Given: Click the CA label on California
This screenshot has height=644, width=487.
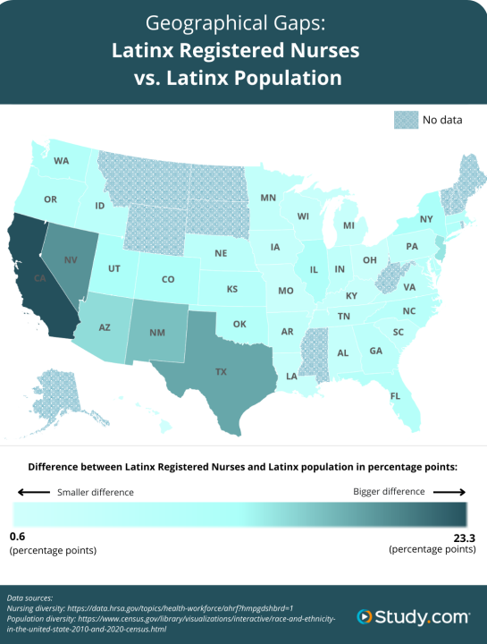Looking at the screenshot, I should coord(40,278).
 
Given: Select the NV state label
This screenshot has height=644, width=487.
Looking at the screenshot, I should coord(71,259).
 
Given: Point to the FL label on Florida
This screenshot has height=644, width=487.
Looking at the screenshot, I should coord(395,394).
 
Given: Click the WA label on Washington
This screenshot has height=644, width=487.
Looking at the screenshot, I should coord(61,161).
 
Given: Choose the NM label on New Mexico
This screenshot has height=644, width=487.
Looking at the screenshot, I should coord(157,333).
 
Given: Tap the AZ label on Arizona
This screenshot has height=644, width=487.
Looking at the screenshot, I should coord(105,327).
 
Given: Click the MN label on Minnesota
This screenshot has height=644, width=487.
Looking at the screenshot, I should coord(268,197).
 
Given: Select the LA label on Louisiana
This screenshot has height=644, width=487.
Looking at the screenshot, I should coord(292,377).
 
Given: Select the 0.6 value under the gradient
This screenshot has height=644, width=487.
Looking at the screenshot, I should coord(18,536).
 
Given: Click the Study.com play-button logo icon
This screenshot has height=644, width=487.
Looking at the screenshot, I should coord(365,616).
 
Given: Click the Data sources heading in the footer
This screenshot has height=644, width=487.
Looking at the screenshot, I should coord(29,597).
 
